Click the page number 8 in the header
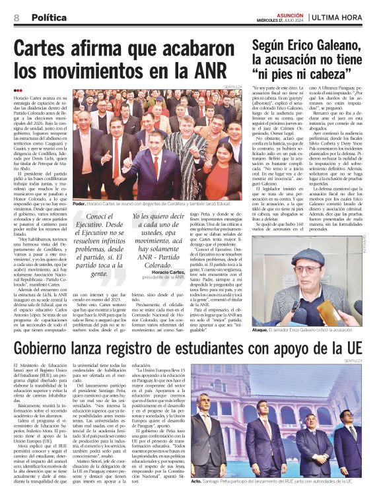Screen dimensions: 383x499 pyautogui.click(x=16, y=18)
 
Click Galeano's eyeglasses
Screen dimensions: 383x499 pyautogui.click(x=296, y=277)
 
